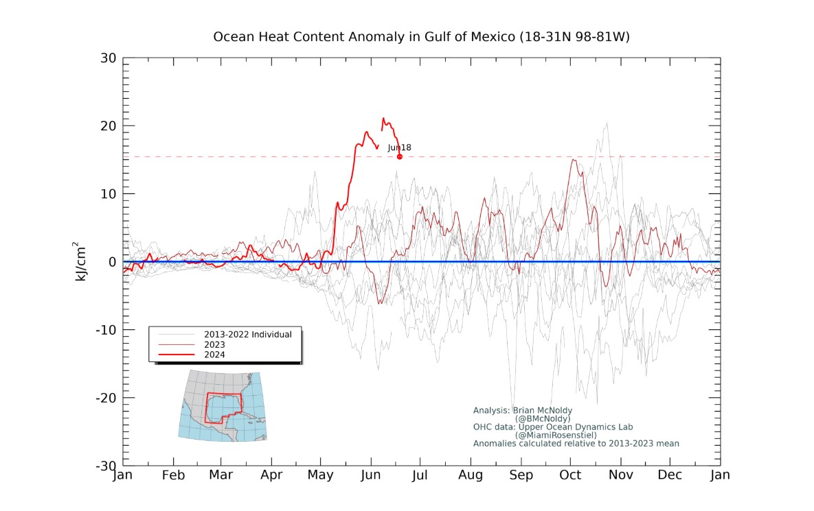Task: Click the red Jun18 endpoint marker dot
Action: [400, 156]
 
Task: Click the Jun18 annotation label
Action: [399, 147]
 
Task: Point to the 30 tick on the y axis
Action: [108, 58]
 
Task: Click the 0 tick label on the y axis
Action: [111, 262]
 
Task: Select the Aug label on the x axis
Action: [471, 475]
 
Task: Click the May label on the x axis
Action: [321, 475]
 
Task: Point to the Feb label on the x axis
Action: [173, 475]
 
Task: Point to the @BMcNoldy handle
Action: [543, 418]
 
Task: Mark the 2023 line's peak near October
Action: [573, 159]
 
